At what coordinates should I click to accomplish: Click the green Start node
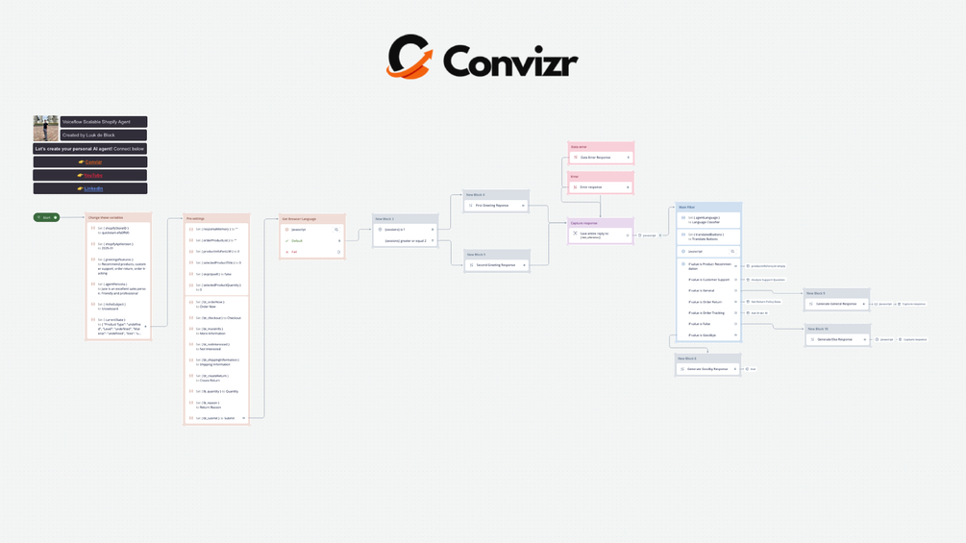click(46, 217)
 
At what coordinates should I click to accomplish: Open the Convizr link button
click(90, 162)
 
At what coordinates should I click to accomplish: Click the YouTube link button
click(90, 176)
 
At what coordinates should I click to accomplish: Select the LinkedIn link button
click(90, 189)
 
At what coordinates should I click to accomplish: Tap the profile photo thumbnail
click(45, 129)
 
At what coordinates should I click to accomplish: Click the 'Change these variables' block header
click(118, 218)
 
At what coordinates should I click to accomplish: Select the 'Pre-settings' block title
click(216, 218)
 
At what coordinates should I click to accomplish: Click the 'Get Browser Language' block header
click(311, 219)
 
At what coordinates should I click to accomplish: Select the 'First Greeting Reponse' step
click(496, 206)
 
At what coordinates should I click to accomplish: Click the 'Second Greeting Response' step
click(496, 265)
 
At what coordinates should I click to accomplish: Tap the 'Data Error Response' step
click(601, 158)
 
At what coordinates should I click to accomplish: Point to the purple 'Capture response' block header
click(601, 223)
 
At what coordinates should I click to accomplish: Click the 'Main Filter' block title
click(708, 207)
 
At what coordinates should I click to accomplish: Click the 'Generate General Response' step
click(836, 304)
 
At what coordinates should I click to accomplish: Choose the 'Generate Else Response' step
click(836, 339)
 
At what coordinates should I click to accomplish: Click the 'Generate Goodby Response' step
click(707, 369)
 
